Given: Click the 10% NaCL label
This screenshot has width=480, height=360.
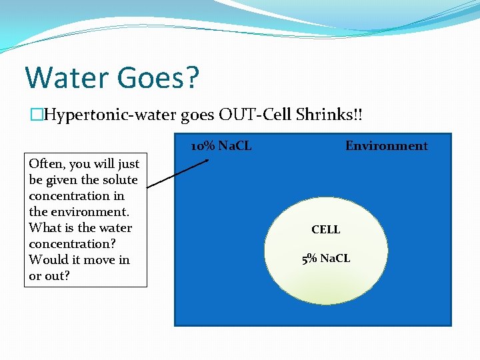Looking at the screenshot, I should point(221,146).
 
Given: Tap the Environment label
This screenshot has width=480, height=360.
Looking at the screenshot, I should point(386,146).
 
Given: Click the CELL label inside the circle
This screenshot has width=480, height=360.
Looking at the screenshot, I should point(325,229).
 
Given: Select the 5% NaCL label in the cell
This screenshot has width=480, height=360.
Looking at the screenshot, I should point(325,258).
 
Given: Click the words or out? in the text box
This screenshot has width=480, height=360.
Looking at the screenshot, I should point(49,276).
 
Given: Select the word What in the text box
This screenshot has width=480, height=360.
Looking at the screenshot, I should point(44,228).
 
